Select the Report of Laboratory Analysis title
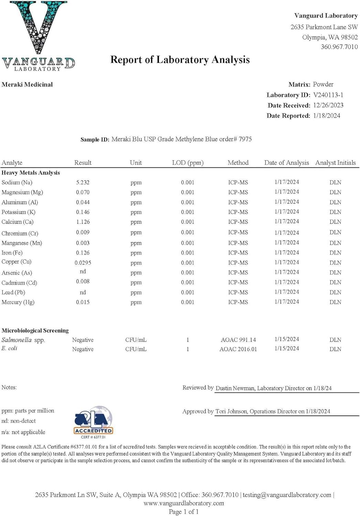(x=180, y=60)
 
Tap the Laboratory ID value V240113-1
(x=328, y=95)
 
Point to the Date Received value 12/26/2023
(x=328, y=105)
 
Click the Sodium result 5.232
(x=83, y=182)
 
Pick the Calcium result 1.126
(x=83, y=222)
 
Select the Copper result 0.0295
(x=83, y=263)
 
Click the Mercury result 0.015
(x=83, y=302)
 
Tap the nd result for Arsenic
(x=83, y=272)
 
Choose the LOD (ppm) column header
(x=188, y=163)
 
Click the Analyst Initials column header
(x=335, y=163)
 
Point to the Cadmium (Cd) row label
(x=19, y=283)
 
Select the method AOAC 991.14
(x=238, y=340)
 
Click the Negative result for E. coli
(x=83, y=349)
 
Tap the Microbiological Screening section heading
(x=35, y=331)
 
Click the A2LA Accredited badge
(x=93, y=422)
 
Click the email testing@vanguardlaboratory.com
(x=287, y=495)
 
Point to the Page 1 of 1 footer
(x=184, y=512)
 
